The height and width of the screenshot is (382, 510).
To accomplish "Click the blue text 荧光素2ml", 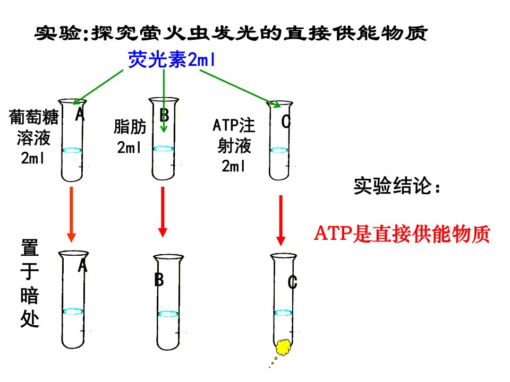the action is click(x=172, y=59).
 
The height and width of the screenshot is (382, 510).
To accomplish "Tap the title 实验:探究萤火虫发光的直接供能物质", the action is click(x=231, y=33).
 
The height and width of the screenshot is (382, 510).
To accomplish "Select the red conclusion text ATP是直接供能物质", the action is click(x=402, y=234).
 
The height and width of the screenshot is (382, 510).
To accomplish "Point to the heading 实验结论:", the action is click(x=397, y=186).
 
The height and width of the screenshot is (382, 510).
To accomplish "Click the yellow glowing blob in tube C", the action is click(x=284, y=347).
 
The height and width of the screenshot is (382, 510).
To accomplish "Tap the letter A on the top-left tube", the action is click(x=80, y=114).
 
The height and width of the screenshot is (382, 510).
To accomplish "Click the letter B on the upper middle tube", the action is click(x=164, y=115).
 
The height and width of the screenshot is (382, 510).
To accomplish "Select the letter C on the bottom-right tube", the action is click(x=292, y=282).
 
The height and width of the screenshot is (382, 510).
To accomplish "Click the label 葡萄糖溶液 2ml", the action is click(x=33, y=137).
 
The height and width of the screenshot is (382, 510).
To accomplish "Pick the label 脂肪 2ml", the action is click(x=130, y=136).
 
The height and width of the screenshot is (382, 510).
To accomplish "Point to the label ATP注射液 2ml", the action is click(x=234, y=145).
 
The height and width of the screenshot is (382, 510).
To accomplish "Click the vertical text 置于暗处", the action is click(x=30, y=283).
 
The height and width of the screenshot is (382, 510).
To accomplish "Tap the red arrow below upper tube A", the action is click(x=71, y=214).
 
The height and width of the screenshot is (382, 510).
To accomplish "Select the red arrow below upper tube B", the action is click(x=163, y=212).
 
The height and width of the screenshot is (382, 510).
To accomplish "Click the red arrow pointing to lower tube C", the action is click(x=280, y=221).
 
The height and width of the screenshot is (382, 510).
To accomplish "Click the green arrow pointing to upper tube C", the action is click(x=240, y=89).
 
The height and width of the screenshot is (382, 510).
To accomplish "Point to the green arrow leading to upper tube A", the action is click(x=98, y=87).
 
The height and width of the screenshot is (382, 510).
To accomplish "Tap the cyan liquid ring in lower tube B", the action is click(x=168, y=314).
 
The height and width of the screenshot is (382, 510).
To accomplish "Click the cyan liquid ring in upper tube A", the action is click(x=72, y=150).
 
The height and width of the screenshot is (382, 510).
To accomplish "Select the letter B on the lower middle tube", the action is click(x=159, y=280).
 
